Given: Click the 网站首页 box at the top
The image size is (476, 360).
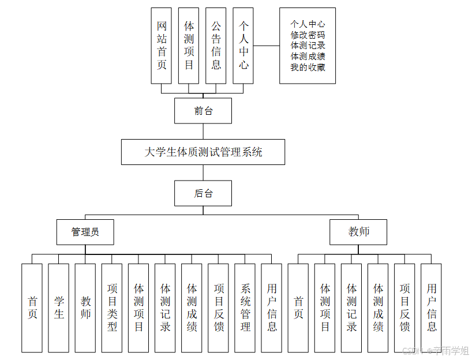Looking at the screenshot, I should pyautogui.click(x=162, y=46).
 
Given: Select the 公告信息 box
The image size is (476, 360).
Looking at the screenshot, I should pyautogui.click(x=216, y=46).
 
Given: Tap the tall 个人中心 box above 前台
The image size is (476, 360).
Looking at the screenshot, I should pyautogui.click(x=243, y=46).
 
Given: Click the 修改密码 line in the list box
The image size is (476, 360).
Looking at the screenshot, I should pyautogui.click(x=308, y=35).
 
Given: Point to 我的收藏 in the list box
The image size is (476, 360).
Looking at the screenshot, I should pyautogui.click(x=308, y=67).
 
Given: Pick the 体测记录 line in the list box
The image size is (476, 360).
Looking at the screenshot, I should pyautogui.click(x=308, y=46).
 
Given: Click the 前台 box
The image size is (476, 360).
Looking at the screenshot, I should pyautogui.click(x=203, y=111).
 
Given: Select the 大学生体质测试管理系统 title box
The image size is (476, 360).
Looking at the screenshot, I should pyautogui.click(x=203, y=152).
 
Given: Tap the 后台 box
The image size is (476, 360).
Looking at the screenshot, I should pyautogui.click(x=203, y=193).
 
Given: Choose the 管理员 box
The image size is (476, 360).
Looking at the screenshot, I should pyautogui.click(x=85, y=232).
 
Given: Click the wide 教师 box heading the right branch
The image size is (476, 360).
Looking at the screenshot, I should pyautogui.click(x=358, y=232).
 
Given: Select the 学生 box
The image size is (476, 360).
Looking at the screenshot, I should pyautogui.click(x=58, y=307).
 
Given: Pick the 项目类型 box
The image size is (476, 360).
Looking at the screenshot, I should pyautogui.click(x=112, y=307).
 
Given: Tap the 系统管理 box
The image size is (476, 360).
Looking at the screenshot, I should pyautogui.click(x=245, y=307).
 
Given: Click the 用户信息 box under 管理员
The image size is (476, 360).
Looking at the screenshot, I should pyautogui.click(x=272, y=307).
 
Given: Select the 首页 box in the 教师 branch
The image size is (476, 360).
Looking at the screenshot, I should pyautogui.click(x=298, y=307).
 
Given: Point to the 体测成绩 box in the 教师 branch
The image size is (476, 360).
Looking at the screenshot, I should pyautogui.click(x=378, y=307).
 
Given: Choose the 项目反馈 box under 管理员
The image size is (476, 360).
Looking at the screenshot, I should pyautogui.click(x=219, y=307).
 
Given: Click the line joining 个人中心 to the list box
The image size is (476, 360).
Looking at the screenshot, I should pyautogui.click(x=267, y=46).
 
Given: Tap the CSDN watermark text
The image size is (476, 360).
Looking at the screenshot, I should pyautogui.click(x=435, y=351).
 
